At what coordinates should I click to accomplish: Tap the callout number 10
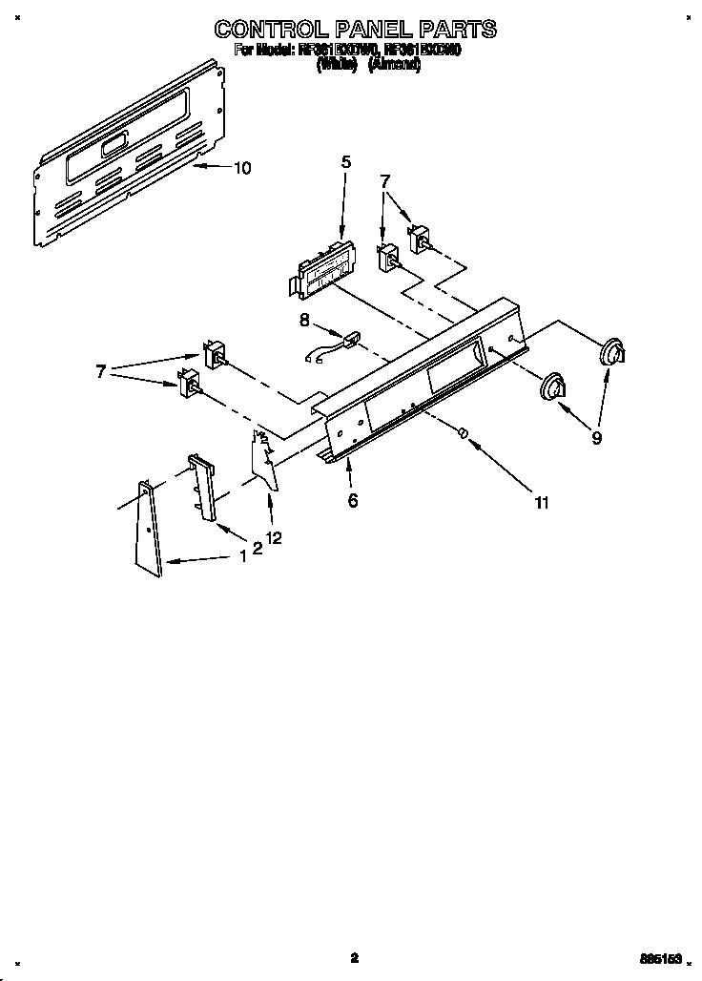(x=242, y=169)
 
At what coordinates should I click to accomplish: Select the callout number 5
(x=345, y=162)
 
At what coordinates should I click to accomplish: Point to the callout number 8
(x=304, y=322)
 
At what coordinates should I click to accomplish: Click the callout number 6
(x=352, y=500)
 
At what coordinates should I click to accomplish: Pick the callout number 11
(x=541, y=503)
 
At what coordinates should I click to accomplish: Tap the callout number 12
(x=274, y=539)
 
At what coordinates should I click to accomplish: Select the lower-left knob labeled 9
(x=552, y=388)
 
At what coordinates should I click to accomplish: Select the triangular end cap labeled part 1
(x=148, y=530)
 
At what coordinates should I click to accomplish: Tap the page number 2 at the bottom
(x=353, y=957)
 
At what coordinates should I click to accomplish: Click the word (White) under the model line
(x=337, y=65)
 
